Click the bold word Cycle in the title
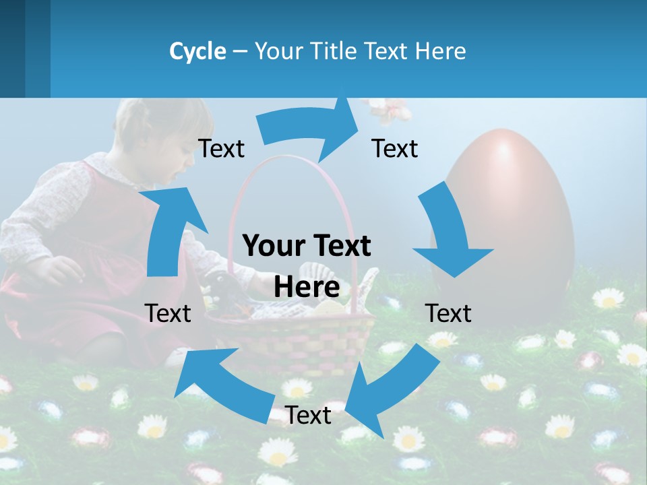(x=197, y=51)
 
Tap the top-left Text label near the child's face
(x=221, y=149)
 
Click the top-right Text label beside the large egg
(x=395, y=149)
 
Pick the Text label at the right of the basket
(x=448, y=313)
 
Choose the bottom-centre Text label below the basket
(x=308, y=416)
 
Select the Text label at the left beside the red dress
(x=168, y=313)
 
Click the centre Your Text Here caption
(x=307, y=266)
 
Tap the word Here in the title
(x=441, y=51)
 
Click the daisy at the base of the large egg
(x=609, y=298)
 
